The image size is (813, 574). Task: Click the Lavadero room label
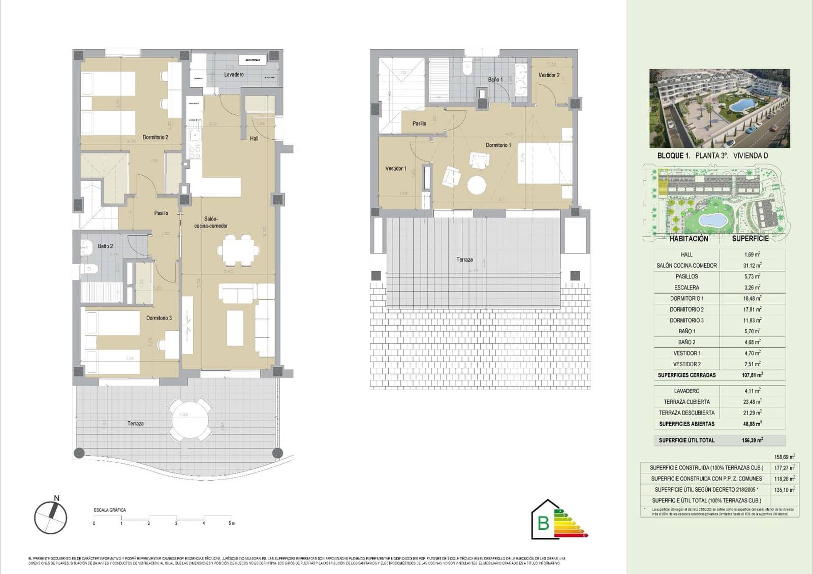234,75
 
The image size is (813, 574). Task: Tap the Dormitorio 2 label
155,137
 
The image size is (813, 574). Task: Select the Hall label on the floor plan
254,138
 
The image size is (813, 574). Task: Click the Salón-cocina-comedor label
211,222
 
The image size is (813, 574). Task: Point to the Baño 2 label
105,246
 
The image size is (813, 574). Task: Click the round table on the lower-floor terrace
184,419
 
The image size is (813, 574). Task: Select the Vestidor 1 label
396,169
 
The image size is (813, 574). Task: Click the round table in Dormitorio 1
477,185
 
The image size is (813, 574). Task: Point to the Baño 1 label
495,80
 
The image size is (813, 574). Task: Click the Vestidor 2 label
549,75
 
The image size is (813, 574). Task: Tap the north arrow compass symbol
50,517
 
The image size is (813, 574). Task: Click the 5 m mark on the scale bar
231,523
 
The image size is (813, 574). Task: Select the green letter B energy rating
543,523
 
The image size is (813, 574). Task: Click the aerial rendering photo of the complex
720,108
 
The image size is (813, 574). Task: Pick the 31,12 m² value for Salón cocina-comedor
752,265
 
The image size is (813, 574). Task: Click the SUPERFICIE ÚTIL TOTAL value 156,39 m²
752,440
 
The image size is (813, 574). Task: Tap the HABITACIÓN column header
689,238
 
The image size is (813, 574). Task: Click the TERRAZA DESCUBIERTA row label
686,413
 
